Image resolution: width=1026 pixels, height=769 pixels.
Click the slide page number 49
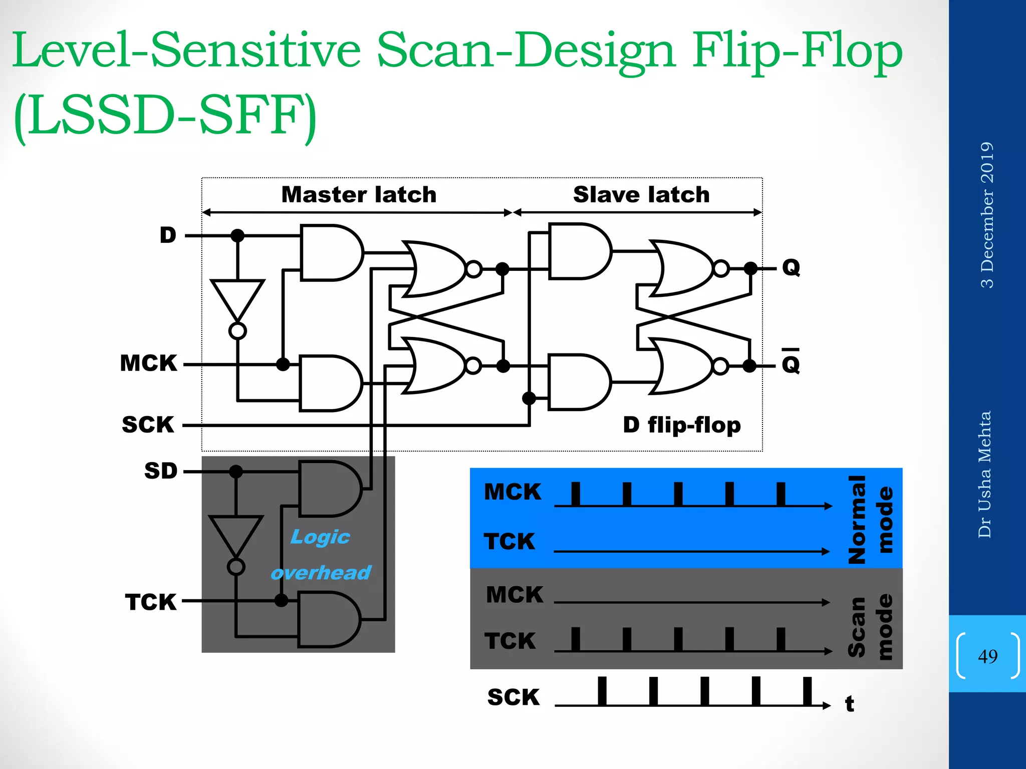[987, 656]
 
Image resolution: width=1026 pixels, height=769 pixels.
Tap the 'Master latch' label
[359, 194]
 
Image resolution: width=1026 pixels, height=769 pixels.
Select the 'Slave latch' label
[641, 194]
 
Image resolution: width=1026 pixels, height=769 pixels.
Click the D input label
[168, 235]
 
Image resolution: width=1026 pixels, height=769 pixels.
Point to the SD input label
[161, 471]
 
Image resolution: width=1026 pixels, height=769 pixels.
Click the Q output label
[791, 267]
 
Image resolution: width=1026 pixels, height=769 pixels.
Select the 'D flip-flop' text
[681, 425]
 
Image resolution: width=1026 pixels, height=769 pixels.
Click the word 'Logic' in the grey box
[320, 537]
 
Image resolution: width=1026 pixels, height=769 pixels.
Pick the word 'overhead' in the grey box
[321, 572]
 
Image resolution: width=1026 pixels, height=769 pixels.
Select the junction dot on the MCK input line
[283, 364]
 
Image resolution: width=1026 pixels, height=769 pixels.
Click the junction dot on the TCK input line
[282, 600]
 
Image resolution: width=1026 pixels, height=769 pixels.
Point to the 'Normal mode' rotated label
[871, 519]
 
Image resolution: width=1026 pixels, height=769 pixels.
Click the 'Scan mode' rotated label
[871, 626]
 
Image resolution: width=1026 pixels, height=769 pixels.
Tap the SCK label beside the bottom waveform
[514, 697]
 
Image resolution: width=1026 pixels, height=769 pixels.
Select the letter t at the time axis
[850, 704]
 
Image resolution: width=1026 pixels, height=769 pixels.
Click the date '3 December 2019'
[986, 215]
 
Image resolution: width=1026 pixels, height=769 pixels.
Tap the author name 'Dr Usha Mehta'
[985, 474]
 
